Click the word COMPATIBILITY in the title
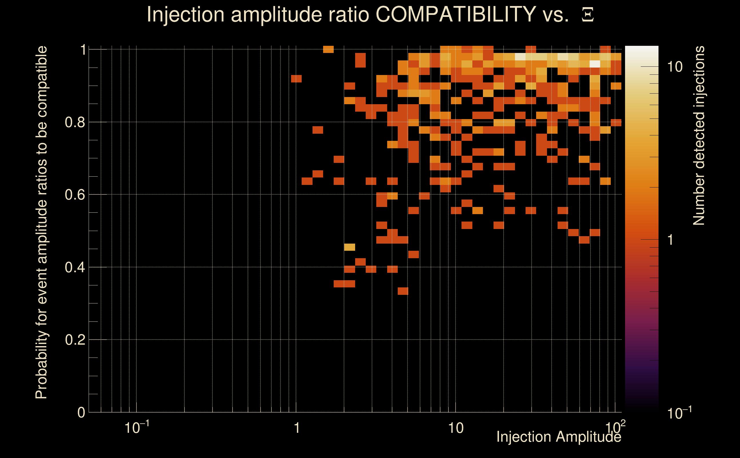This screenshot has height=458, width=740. [x=455, y=14]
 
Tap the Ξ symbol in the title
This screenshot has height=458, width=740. [x=588, y=15]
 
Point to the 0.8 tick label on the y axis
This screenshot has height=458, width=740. [x=75, y=123]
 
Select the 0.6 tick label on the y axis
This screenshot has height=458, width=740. [x=75, y=195]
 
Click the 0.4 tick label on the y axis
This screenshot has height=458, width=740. [x=75, y=267]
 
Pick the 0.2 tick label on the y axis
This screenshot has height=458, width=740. [x=75, y=340]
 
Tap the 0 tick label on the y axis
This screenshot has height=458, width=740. [x=81, y=412]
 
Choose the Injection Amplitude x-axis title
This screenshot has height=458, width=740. [x=558, y=437]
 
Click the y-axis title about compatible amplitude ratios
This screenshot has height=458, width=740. [x=41, y=222]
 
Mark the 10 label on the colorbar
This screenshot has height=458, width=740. [x=675, y=67]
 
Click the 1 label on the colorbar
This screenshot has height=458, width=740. [x=671, y=240]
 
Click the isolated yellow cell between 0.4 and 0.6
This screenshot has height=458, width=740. [x=349, y=247]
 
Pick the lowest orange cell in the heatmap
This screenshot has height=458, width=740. [x=403, y=291]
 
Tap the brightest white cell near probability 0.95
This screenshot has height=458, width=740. [x=595, y=64]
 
